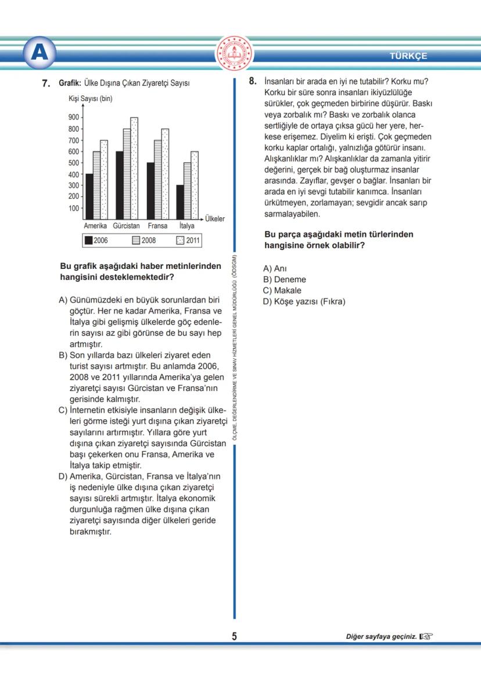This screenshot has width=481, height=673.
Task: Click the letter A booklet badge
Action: (40, 53)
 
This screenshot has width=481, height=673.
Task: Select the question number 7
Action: (46, 84)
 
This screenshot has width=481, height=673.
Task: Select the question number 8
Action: (252, 81)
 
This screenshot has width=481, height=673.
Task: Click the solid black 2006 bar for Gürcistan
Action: (119, 185)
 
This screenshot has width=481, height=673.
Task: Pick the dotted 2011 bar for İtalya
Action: (195, 185)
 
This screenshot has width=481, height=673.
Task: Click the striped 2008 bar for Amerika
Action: (96, 185)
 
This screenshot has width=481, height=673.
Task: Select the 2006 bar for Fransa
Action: (150, 190)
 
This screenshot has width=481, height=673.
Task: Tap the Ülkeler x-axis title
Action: (214, 219)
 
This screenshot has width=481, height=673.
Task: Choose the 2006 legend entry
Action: (96, 240)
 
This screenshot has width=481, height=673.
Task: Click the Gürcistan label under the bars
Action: (126, 226)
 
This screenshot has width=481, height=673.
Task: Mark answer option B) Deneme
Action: (284, 279)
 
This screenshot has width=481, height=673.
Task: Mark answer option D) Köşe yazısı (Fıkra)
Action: (304, 301)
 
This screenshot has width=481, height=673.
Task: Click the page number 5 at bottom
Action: (234, 636)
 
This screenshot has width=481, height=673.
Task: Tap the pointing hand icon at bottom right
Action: (426, 636)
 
